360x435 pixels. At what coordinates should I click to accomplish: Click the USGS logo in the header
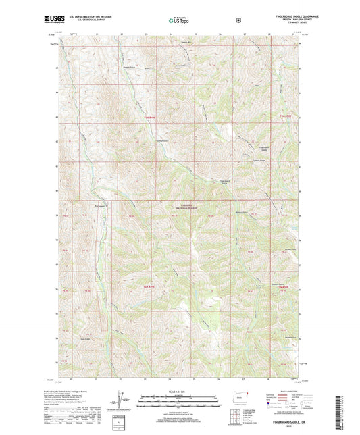50,20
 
